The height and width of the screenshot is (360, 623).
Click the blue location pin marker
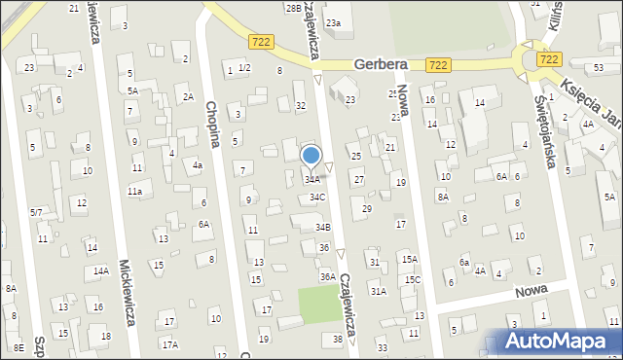(311, 156)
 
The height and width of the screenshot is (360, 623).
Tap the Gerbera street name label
(380, 63)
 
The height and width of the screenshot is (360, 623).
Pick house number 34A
(311, 180)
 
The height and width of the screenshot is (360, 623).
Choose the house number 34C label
(317, 198)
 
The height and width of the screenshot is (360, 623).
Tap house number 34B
(322, 227)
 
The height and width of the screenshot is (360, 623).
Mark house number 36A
(328, 277)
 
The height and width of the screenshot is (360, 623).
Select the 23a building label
(334, 22)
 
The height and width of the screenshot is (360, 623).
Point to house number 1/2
(244, 68)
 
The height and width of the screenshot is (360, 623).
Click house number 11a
(134, 192)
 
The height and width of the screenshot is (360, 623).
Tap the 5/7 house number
(35, 212)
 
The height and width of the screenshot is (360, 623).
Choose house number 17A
(170, 344)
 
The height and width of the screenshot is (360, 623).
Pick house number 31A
(378, 291)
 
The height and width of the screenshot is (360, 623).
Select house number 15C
(413, 280)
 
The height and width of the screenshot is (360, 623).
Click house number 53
(598, 67)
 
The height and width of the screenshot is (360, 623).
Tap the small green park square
(320, 305)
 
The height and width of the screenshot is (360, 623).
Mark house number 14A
(100, 271)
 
